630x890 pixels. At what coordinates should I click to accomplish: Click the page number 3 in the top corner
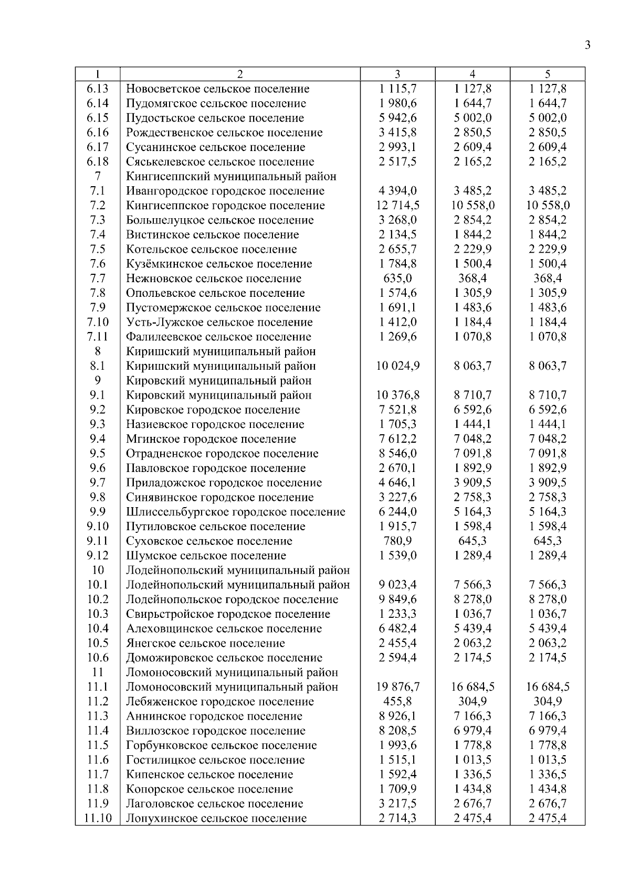(x=587, y=45)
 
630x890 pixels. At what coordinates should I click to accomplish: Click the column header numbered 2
(x=240, y=74)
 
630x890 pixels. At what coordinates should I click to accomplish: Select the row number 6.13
(x=98, y=89)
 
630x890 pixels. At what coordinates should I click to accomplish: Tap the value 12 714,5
(x=397, y=206)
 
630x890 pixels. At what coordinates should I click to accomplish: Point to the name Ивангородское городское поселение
(x=225, y=191)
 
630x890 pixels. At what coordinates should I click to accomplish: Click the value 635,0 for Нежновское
(x=397, y=278)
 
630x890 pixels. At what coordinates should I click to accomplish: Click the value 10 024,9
(x=397, y=366)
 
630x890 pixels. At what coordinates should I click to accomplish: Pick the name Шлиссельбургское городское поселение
(x=235, y=512)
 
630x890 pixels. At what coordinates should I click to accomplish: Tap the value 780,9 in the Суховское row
(x=397, y=541)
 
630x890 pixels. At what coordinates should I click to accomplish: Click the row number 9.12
(x=98, y=555)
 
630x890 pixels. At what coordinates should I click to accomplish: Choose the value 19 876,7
(x=397, y=687)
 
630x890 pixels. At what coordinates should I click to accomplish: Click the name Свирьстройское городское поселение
(x=228, y=614)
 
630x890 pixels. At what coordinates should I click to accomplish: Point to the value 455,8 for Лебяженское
(x=397, y=702)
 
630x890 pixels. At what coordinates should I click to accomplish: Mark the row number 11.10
(x=98, y=818)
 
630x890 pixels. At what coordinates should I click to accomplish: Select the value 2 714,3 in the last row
(x=397, y=818)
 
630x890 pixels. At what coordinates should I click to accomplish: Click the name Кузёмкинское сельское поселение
(x=219, y=264)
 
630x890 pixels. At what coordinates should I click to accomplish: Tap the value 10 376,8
(x=397, y=395)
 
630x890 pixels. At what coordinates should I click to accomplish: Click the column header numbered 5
(x=548, y=74)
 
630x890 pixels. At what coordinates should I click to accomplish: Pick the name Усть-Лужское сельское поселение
(x=219, y=323)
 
